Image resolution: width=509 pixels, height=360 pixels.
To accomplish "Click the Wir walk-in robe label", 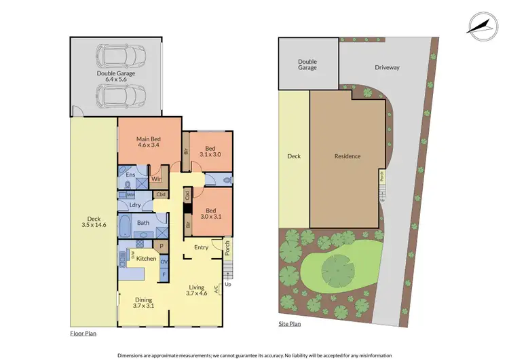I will pyautogui.click(x=155, y=179).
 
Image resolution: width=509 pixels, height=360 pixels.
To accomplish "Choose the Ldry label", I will pyautogui.click(x=134, y=206).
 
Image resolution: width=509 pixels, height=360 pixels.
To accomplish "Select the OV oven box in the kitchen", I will pyautogui.click(x=164, y=261).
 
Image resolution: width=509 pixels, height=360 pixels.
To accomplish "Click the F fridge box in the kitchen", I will pyautogui.click(x=164, y=274).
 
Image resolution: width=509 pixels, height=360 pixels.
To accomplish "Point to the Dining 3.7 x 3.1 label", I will pyautogui.click(x=143, y=303).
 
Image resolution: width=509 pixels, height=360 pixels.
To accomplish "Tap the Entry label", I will pyautogui.click(x=201, y=247).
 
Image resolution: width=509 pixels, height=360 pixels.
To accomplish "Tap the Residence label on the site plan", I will pyautogui.click(x=347, y=156).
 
